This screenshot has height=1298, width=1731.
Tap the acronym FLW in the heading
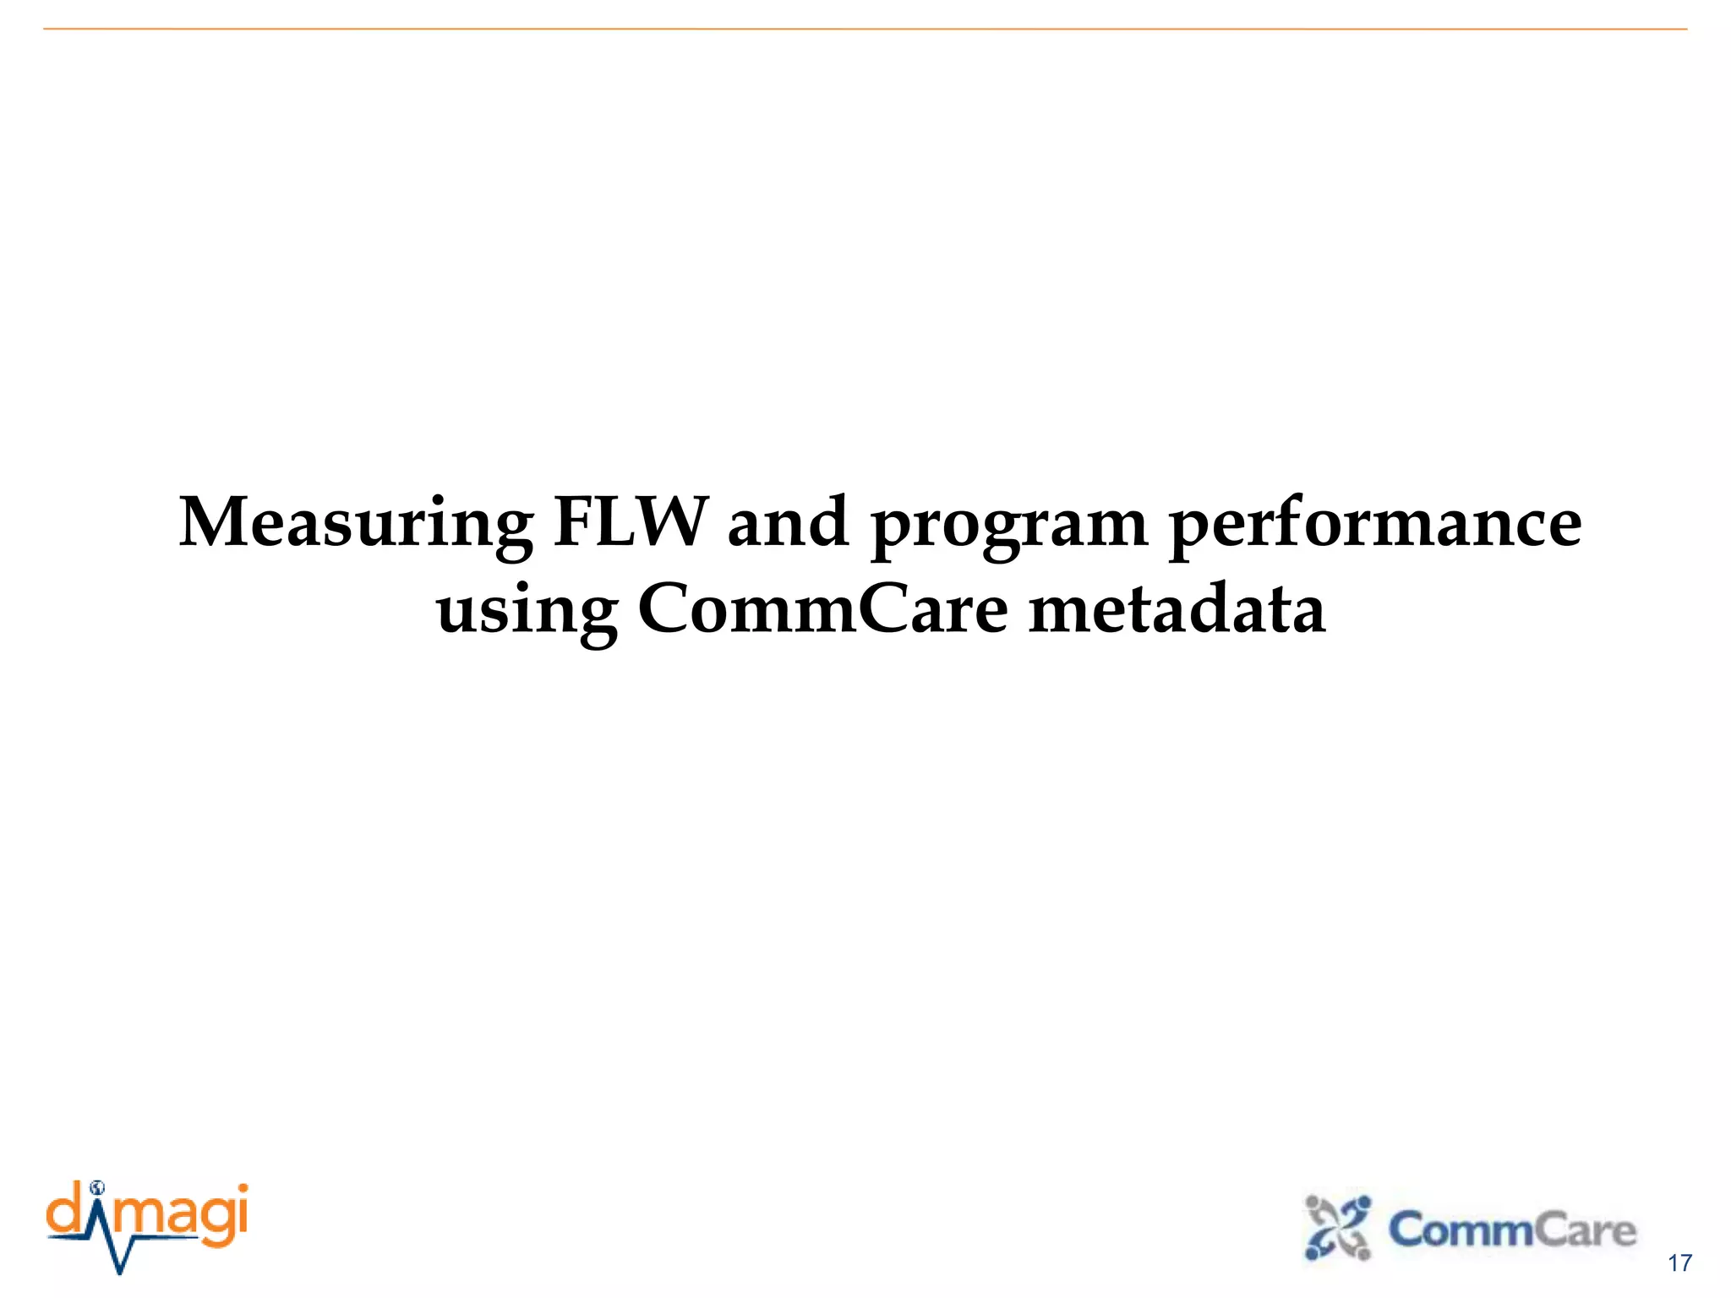pos(631,522)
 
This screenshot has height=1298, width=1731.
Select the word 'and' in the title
pos(788,522)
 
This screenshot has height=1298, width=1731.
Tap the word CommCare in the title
pos(823,609)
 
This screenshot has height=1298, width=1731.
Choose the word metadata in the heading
pos(1177,609)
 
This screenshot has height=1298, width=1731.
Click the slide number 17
pos(1679,1263)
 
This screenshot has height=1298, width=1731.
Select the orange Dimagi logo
pos(147,1225)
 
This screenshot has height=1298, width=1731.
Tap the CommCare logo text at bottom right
pos(1511,1230)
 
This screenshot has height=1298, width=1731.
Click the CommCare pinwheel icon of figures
pos(1337,1227)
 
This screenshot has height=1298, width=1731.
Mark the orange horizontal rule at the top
pos(865,30)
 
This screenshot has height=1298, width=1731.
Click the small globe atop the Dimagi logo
pos(97,1186)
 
